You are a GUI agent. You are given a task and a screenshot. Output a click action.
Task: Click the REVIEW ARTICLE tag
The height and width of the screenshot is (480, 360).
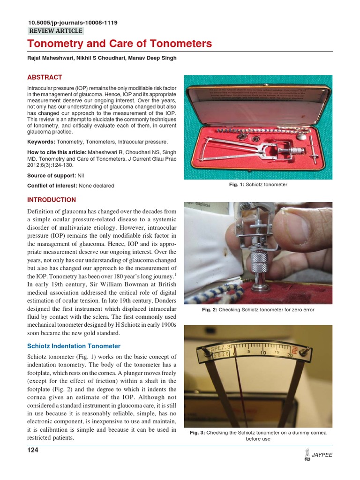[56, 31]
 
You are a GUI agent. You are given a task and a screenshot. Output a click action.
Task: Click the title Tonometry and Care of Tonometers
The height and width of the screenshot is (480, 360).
[120, 44]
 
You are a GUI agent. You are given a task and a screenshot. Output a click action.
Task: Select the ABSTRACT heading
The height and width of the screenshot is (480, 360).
[45, 77]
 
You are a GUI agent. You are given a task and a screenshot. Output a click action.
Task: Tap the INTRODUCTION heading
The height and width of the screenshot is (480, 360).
[52, 200]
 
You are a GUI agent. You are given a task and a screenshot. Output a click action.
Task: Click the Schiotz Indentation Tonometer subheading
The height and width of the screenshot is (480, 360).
[74, 346]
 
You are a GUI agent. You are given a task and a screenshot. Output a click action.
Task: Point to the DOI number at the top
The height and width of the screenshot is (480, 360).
[73, 22]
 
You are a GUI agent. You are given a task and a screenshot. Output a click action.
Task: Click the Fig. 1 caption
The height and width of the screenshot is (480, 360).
[258, 185]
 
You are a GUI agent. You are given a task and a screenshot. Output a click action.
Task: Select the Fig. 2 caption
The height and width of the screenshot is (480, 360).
[258, 310]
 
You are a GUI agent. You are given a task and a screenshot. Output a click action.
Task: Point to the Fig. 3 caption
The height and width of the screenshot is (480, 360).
[258, 436]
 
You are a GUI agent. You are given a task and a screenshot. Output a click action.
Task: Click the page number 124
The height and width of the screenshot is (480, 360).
[33, 450]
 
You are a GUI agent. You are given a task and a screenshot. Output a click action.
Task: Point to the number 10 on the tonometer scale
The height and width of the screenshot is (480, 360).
[263, 353]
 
